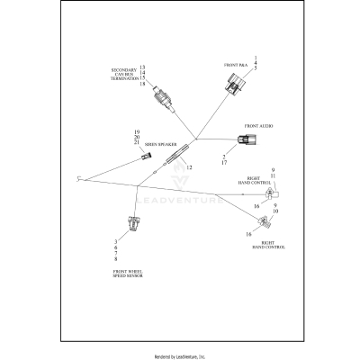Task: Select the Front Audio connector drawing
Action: [x=245, y=140]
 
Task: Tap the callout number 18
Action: [x=142, y=85]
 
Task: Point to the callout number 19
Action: [x=137, y=131]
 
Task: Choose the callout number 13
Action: [x=142, y=67]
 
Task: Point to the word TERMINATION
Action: [x=125, y=79]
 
